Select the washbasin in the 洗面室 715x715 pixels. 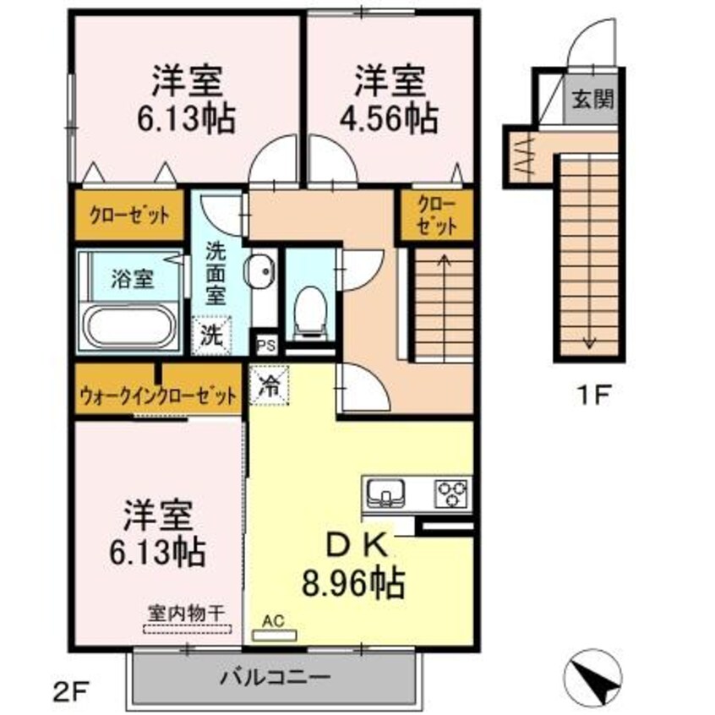pos(261,272)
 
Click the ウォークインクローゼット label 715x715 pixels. pos(156,396)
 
